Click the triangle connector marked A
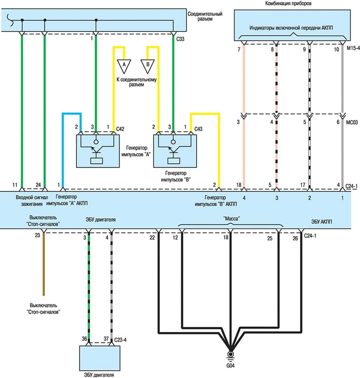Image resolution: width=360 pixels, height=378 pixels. [x=121, y=64]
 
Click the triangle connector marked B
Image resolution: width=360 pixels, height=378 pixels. [x=148, y=64]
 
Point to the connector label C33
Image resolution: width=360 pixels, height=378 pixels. [x=181, y=38]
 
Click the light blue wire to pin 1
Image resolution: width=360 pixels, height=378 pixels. [x=62, y=150]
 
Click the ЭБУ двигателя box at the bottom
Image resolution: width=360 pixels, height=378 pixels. [x=100, y=358]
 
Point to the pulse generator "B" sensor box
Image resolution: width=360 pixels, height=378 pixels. [x=172, y=149]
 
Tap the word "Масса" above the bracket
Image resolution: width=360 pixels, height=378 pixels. [x=231, y=218]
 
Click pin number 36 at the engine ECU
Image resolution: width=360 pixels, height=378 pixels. [x=84, y=340]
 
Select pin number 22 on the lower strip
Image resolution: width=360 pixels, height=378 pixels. [x=151, y=239]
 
